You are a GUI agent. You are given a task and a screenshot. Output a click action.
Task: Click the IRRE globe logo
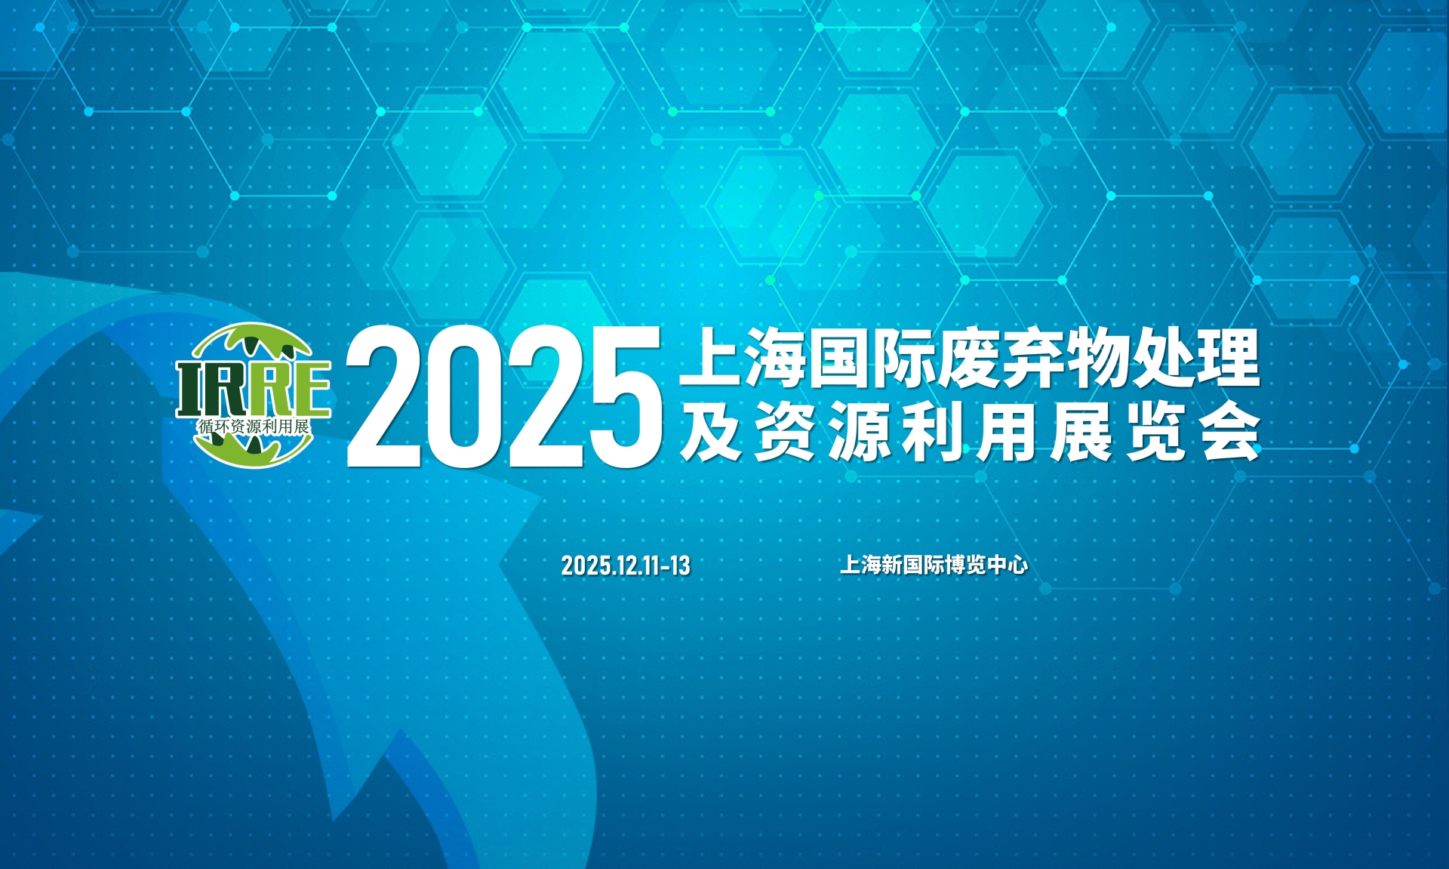click(254, 395)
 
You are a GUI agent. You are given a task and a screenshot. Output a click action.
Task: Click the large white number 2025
click(504, 396)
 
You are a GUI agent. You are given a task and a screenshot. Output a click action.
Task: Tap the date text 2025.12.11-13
click(626, 565)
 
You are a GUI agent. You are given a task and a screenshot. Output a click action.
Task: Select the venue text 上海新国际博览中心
click(934, 565)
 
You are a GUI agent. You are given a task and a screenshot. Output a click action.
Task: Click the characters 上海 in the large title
click(743, 357)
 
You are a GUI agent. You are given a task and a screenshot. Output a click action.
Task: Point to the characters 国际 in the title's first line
click(872, 357)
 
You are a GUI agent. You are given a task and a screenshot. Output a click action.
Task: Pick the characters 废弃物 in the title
click(1033, 357)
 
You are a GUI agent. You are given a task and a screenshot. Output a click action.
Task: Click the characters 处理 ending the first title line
click(1195, 357)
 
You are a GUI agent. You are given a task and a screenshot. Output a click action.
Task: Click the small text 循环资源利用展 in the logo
click(254, 427)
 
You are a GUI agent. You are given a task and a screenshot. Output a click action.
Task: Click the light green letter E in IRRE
click(309, 389)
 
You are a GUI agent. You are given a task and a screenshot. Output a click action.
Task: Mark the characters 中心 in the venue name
click(1008, 565)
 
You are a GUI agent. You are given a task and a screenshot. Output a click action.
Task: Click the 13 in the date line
click(680, 565)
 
